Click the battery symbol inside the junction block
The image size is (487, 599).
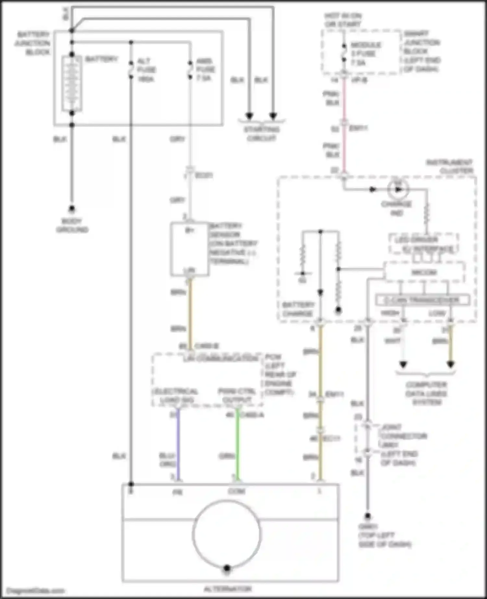(72, 83)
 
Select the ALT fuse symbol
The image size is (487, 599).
(131, 70)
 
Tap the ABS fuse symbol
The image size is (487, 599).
(190, 69)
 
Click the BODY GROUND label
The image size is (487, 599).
(72, 226)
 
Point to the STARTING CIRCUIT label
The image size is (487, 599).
(261, 134)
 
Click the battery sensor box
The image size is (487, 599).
(189, 249)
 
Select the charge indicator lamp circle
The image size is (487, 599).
(398, 189)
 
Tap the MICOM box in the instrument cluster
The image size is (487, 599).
(424, 272)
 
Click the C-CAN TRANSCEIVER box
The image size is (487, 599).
(422, 300)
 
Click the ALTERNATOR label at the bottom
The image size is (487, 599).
(228, 589)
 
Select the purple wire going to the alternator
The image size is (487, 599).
(178, 445)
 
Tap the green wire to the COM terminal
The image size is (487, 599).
(237, 445)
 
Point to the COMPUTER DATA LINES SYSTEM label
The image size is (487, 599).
(426, 394)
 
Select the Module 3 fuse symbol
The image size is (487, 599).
(344, 54)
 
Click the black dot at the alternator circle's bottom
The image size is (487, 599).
(227, 568)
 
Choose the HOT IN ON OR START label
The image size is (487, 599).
(343, 20)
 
